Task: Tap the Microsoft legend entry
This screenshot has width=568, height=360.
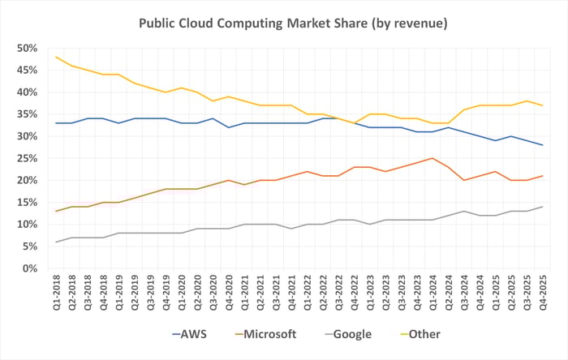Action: pyautogui.click(x=264, y=334)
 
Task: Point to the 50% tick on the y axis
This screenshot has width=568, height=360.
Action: pyautogui.click(x=27, y=49)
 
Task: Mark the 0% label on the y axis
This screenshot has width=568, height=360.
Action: pyautogui.click(x=29, y=268)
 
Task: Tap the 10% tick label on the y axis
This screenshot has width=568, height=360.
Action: pyautogui.click(x=27, y=225)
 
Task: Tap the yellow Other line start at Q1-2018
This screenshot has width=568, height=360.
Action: pyautogui.click(x=56, y=57)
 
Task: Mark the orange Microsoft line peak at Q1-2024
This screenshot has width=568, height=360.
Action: pyautogui.click(x=432, y=158)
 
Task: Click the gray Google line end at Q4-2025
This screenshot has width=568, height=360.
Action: pyautogui.click(x=542, y=207)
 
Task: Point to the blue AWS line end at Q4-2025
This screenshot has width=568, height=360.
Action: pyautogui.click(x=542, y=145)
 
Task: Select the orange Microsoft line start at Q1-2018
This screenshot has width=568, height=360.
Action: pyautogui.click(x=56, y=211)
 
